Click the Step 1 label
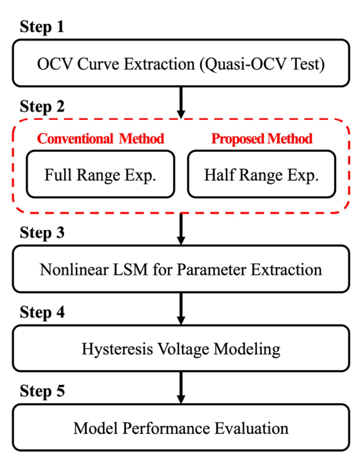(42, 27)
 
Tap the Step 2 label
(42, 107)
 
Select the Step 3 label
(42, 233)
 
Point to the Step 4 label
(42, 312)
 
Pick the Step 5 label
(42, 391)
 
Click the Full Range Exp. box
(100, 174)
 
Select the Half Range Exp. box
(262, 174)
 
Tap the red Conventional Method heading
(100, 139)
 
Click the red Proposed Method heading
(262, 139)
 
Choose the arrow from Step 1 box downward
(181, 103)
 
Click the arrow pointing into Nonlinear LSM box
(181, 229)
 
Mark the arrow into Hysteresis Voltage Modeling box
(181, 309)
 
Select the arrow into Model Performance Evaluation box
(181, 388)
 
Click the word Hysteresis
(117, 349)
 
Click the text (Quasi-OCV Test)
(262, 65)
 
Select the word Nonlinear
(74, 270)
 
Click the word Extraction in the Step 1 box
(159, 64)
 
